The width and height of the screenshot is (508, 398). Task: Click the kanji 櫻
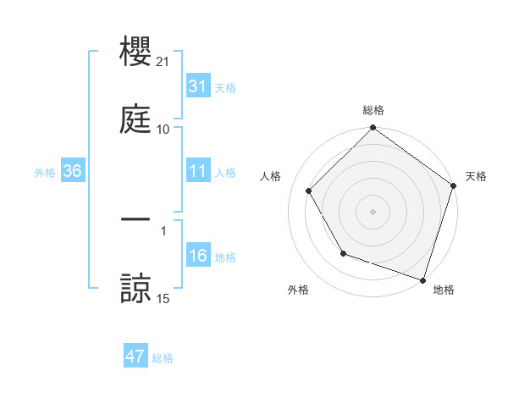[x=136, y=53]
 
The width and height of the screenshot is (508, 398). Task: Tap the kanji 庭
[x=136, y=119]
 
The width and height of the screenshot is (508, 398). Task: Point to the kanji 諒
[x=136, y=288]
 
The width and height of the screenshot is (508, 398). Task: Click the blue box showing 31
[x=198, y=86]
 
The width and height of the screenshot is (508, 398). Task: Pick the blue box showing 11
[x=198, y=171]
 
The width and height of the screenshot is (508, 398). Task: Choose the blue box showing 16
[x=198, y=256]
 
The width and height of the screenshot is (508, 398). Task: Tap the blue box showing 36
[x=73, y=171]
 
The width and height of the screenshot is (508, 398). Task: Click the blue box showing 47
[x=135, y=357]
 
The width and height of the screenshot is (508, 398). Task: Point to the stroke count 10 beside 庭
[x=163, y=129]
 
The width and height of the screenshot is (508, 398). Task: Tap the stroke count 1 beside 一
[x=163, y=229]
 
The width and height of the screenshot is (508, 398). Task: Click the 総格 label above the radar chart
[x=373, y=110]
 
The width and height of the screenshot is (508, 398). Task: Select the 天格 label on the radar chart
[x=477, y=176]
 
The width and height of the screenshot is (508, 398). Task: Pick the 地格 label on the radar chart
[x=444, y=290]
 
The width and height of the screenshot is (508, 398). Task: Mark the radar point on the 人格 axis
[x=309, y=191]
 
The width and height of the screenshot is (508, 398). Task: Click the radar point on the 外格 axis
[x=343, y=253]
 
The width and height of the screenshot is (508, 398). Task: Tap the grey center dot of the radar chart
[x=373, y=211]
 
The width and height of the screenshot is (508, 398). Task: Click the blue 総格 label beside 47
[x=163, y=358]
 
